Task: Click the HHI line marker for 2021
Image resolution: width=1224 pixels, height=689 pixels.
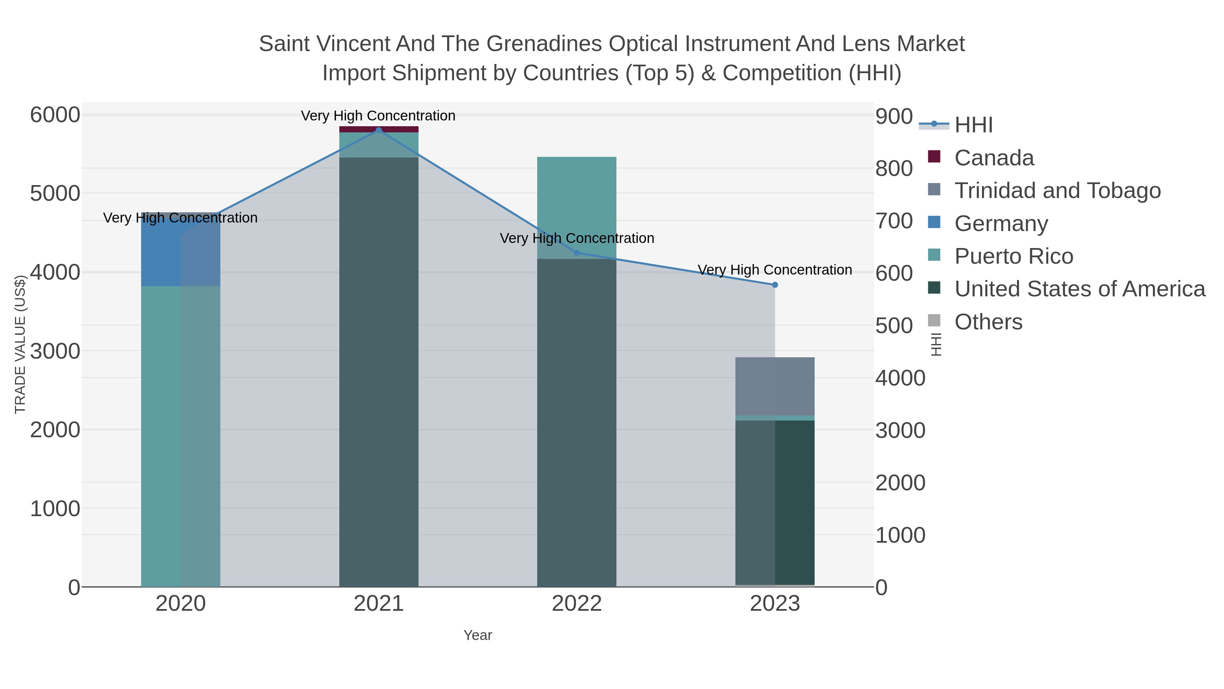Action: (x=379, y=130)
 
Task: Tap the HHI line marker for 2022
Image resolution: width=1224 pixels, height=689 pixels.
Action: (x=577, y=253)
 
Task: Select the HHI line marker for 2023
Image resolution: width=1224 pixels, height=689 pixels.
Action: (x=775, y=285)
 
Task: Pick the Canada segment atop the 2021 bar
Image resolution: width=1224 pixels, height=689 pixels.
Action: (x=379, y=129)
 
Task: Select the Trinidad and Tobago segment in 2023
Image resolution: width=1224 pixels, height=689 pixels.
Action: (x=775, y=386)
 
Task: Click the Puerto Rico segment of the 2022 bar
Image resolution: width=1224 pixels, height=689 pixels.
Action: (x=577, y=208)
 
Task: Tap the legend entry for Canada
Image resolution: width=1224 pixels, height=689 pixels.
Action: (x=994, y=158)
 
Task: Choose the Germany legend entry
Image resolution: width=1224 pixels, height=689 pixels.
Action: (x=1001, y=224)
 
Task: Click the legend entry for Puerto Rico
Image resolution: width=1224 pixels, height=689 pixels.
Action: (x=1014, y=256)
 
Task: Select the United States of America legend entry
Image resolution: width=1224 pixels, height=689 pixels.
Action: (x=1079, y=289)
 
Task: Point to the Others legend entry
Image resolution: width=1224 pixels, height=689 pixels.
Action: (x=988, y=322)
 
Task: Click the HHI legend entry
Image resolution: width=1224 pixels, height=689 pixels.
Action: (x=973, y=125)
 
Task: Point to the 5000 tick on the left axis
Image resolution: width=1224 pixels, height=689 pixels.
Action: (x=55, y=194)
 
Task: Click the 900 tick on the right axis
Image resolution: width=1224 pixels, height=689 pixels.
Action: (x=894, y=116)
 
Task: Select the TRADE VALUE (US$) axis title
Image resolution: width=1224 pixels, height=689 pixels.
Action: (x=20, y=344)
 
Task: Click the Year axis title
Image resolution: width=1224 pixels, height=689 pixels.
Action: (x=478, y=635)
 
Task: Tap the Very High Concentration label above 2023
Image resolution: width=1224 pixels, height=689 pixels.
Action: (x=775, y=270)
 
